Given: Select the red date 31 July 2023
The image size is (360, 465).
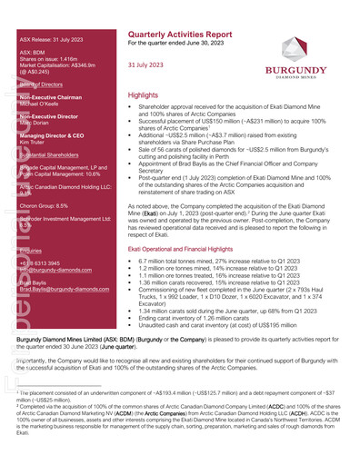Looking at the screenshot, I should point(146,65).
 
